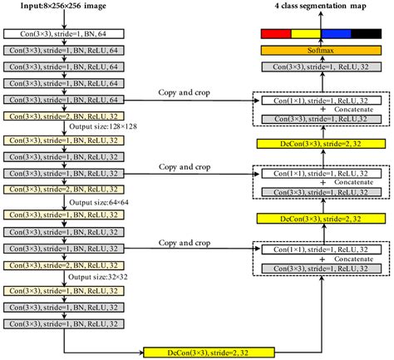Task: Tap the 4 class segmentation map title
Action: pyautogui.click(x=321, y=8)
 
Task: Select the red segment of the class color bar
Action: pyautogui.click(x=274, y=34)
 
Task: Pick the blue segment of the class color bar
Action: pyautogui.click(x=336, y=34)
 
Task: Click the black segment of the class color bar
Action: pyautogui.click(x=366, y=34)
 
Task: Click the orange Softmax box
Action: pyautogui.click(x=320, y=51)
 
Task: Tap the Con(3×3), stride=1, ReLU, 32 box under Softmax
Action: pyautogui.click(x=320, y=67)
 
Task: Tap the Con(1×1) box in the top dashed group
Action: pyautogui.click(x=319, y=100)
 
